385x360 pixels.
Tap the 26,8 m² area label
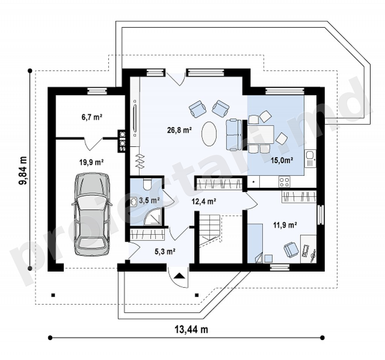tap(179, 130)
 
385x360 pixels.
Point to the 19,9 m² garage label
tap(91, 162)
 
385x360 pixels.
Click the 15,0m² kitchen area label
tap(282, 161)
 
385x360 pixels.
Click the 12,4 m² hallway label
tap(204, 202)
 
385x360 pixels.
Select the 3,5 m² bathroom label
tap(150, 201)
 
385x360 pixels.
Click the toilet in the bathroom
tap(148, 184)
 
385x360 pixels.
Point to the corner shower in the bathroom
tap(153, 216)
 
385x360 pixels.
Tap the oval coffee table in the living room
tap(209, 134)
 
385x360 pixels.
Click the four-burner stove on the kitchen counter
tap(284, 182)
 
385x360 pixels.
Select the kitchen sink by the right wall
tap(310, 159)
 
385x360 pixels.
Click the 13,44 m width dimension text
tap(191, 329)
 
